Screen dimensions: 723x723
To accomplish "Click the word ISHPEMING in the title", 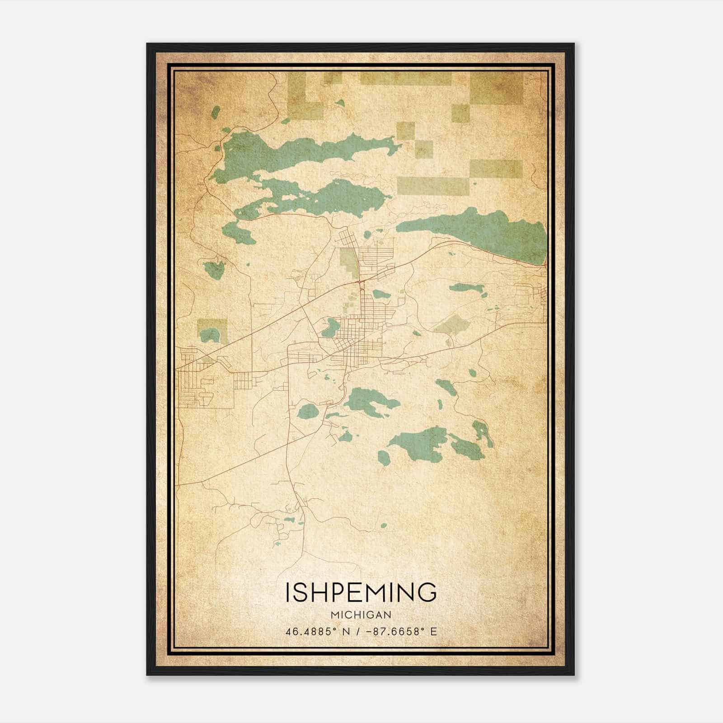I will click(361, 592).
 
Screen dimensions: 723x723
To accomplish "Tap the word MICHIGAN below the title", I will click(361, 615).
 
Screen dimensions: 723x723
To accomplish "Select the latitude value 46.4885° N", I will click(318, 632).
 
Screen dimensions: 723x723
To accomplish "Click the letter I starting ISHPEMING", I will click(288, 592).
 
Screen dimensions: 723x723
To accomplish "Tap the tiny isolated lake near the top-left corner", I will click(216, 112).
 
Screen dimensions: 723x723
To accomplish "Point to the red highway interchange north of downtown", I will click(360, 282).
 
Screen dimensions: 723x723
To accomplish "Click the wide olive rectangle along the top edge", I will click(405, 79).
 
